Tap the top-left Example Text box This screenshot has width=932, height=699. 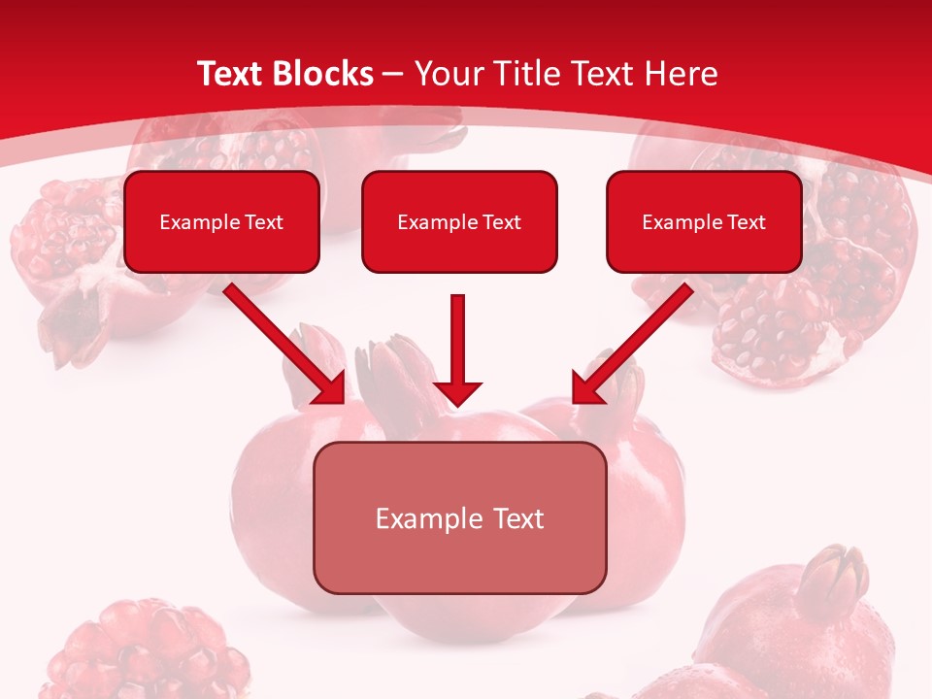coord(221,221)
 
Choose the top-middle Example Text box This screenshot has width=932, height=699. coord(459,221)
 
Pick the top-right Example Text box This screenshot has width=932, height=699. coord(704,221)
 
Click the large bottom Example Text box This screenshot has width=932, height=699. coord(459,517)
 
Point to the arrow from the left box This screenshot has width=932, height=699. coord(285,343)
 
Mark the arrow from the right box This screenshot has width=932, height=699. coord(633,343)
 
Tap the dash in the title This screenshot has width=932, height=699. coord(393,75)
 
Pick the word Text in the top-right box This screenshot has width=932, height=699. coord(745,222)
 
